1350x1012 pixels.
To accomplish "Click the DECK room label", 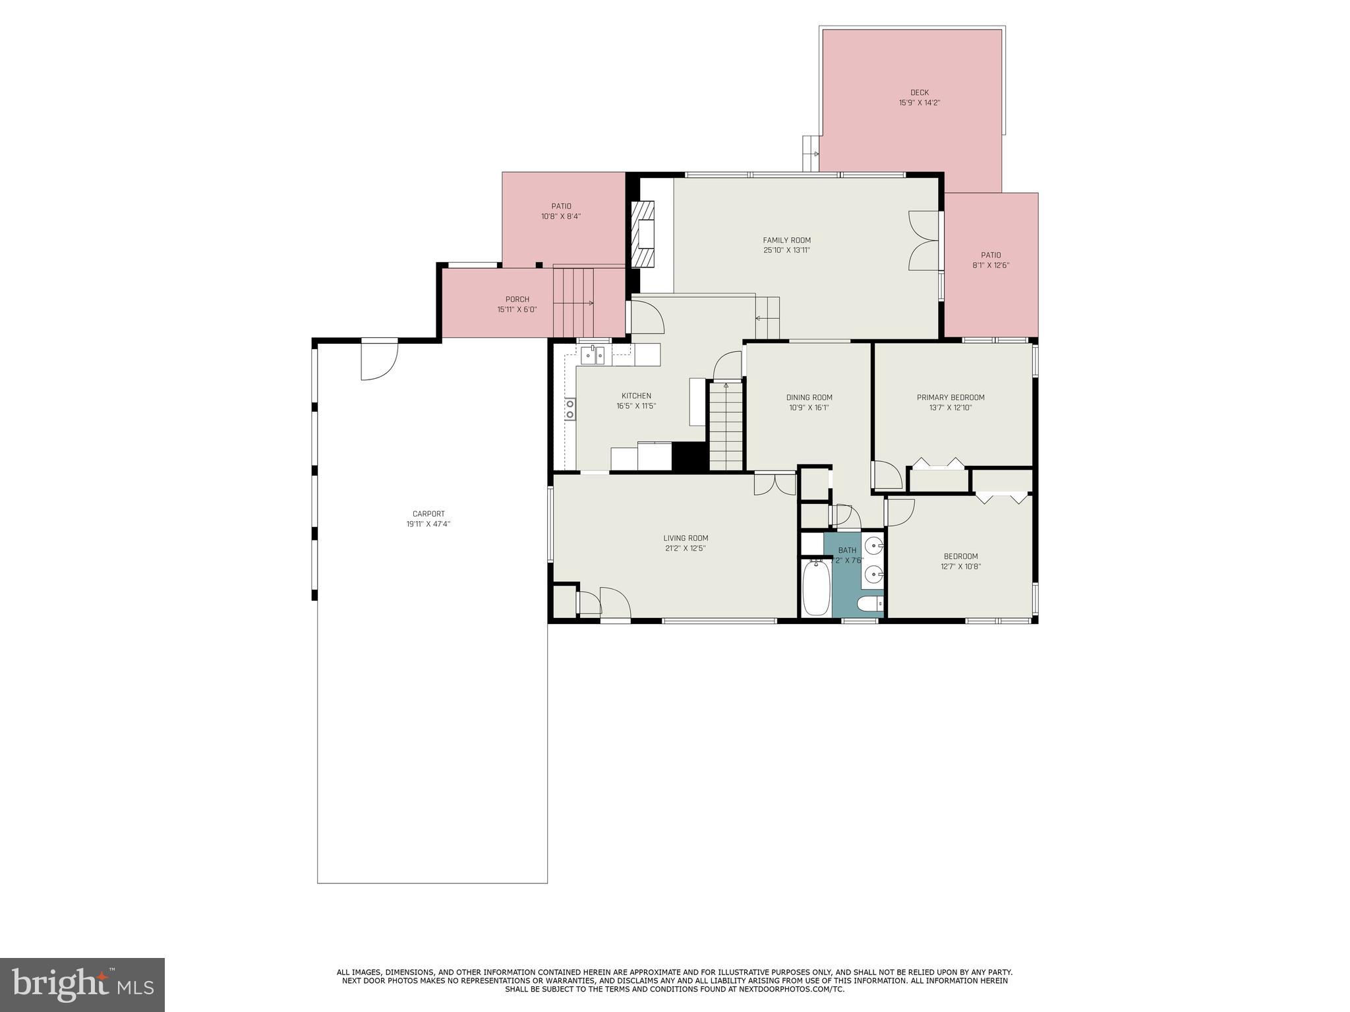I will click(x=919, y=93).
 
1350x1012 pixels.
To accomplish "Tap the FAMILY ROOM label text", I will click(x=786, y=240).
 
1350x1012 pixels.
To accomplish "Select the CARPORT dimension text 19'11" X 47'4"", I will click(x=428, y=524).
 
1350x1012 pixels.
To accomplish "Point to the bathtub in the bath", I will click(x=815, y=587).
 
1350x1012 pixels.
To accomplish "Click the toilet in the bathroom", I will click(x=869, y=604).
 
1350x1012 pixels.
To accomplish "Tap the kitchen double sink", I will click(x=593, y=355).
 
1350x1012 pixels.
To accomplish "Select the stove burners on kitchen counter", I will click(x=570, y=409).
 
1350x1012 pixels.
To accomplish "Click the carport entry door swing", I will click(x=379, y=360).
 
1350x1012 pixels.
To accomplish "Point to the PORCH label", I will click(x=517, y=300).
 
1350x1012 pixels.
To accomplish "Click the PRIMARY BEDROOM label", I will click(x=951, y=397).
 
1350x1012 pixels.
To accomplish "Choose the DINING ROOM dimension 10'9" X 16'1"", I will click(x=809, y=408).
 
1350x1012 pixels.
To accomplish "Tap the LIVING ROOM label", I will click(x=686, y=538).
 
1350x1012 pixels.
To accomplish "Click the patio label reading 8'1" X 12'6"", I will click(x=991, y=266).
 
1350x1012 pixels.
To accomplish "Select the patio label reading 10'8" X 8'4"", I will click(x=561, y=216).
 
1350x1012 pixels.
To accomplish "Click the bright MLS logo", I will click(x=82, y=984).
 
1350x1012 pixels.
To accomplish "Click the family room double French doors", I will click(x=924, y=240).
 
